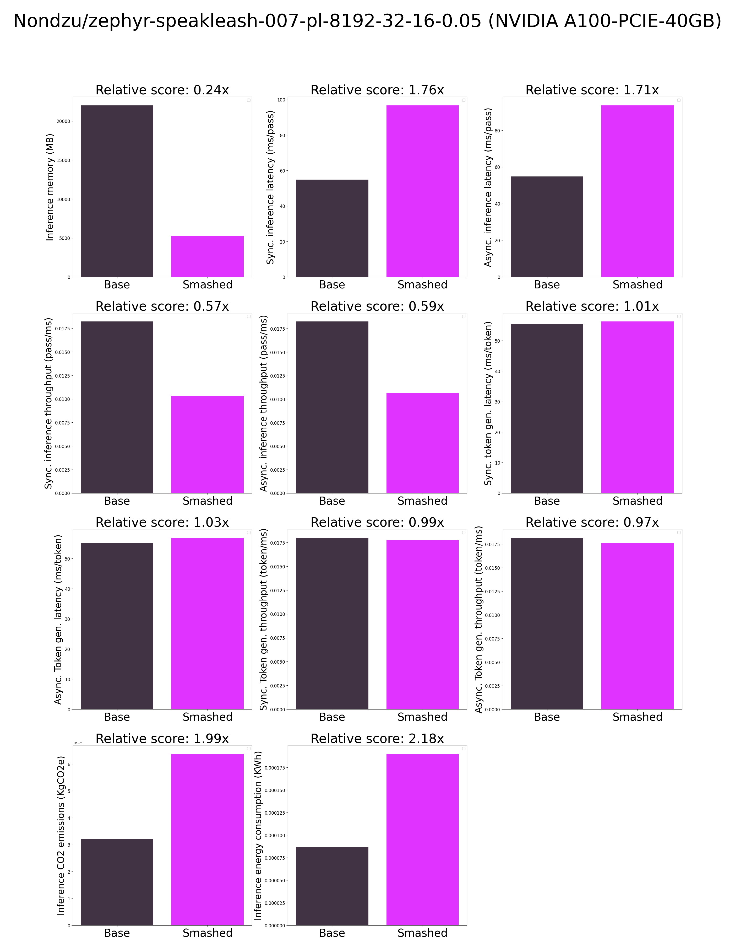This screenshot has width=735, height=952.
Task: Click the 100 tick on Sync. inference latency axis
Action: (x=281, y=100)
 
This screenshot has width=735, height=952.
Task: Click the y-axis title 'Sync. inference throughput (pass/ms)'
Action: (x=48, y=403)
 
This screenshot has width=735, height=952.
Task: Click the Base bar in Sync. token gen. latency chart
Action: (x=547, y=408)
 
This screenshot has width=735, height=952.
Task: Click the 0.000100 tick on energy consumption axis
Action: (x=275, y=836)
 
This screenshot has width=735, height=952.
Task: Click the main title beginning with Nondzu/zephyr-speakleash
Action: (x=367, y=21)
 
